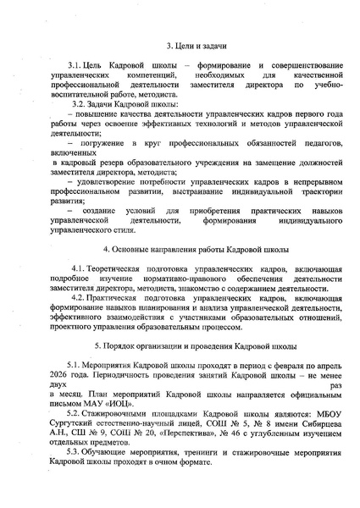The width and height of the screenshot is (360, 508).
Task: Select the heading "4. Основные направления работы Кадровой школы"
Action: click(180, 251)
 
